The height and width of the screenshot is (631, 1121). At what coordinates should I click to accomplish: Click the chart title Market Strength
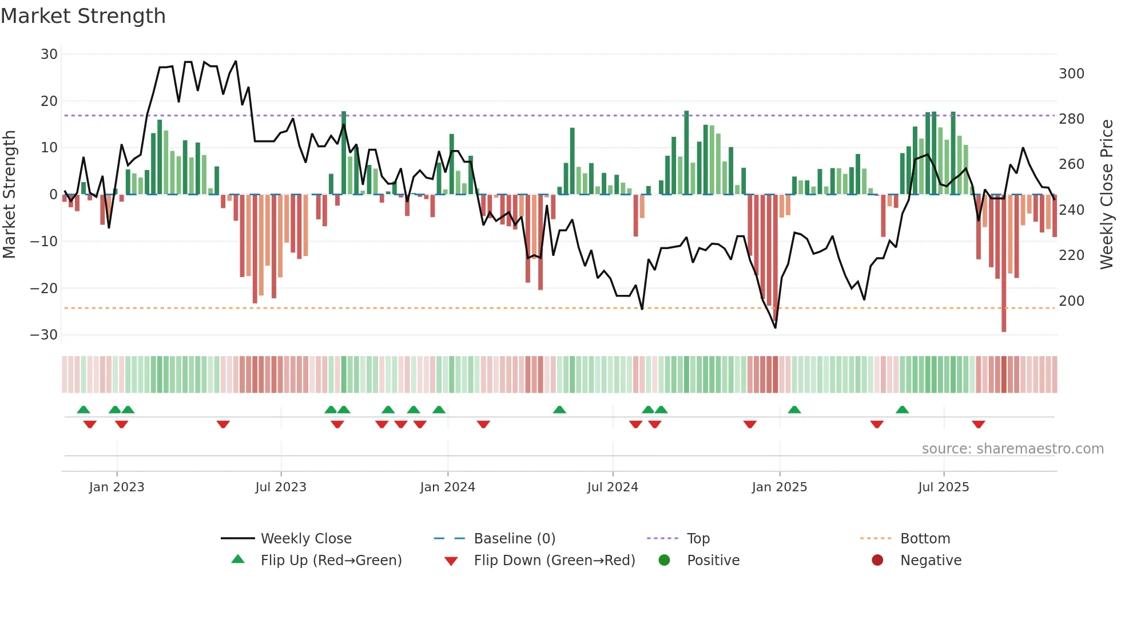point(83,16)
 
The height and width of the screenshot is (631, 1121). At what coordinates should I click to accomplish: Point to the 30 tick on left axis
point(49,54)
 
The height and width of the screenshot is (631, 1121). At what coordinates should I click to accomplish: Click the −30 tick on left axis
point(44,335)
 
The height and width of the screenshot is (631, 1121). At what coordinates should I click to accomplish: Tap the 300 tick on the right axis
point(1071,74)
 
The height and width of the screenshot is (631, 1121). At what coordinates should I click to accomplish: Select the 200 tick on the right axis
point(1071,301)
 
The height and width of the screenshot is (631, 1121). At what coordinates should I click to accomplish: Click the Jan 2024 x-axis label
point(447,487)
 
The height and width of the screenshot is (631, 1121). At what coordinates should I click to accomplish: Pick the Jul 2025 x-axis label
point(943,487)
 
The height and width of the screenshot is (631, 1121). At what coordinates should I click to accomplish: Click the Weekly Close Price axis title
point(1107,195)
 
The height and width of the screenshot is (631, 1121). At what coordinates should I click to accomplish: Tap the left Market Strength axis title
point(10,195)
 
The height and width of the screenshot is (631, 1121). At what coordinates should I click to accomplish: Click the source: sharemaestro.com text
point(1012,449)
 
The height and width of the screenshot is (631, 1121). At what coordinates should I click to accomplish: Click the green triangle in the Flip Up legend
point(238,559)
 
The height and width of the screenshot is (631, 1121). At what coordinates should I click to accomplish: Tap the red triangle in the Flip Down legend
point(451,561)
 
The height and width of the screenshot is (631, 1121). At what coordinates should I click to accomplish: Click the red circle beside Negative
point(877,560)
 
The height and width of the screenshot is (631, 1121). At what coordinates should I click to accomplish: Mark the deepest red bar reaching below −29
point(1004,263)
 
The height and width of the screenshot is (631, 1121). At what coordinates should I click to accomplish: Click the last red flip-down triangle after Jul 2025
point(978,424)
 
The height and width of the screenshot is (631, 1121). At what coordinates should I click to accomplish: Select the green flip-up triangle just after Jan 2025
point(794,409)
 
